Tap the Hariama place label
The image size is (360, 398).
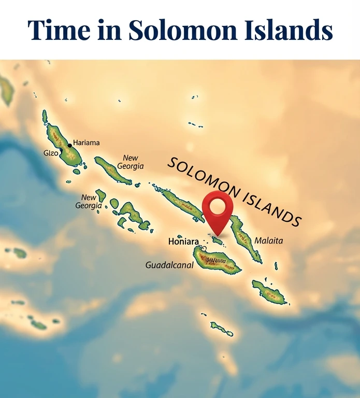(87, 143)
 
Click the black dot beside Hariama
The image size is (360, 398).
(70, 145)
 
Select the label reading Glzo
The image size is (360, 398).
(51, 153)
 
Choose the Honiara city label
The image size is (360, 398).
(183, 241)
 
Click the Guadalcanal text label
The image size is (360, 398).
(169, 265)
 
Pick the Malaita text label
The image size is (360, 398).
(269, 241)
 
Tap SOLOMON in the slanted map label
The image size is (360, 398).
(202, 179)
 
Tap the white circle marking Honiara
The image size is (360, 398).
(204, 249)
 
